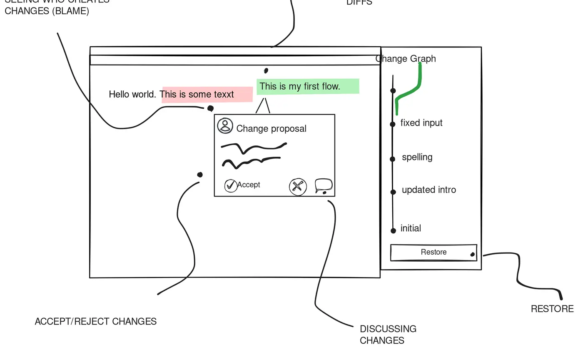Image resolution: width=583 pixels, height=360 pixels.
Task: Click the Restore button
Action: [434, 252]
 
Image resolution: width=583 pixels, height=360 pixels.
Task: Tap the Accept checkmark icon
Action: [230, 185]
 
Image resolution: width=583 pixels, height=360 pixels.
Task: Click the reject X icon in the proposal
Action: [298, 187]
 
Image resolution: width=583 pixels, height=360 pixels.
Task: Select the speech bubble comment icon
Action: [324, 186]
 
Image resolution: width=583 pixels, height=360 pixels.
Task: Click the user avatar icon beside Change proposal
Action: [225, 126]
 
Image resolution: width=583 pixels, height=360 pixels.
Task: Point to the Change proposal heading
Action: [271, 129]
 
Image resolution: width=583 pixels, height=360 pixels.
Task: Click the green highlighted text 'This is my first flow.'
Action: [300, 87]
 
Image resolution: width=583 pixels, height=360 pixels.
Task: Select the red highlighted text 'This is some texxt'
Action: [197, 95]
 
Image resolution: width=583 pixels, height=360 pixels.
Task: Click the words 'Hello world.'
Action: [132, 95]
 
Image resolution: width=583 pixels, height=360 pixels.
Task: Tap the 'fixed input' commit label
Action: [421, 123]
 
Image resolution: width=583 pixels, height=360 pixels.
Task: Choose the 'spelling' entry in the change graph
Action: [417, 157]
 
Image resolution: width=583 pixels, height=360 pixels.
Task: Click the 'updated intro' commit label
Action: [429, 190]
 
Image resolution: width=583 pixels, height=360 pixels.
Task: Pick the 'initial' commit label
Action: [411, 228]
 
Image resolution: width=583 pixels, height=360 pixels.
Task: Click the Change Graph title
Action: [406, 59]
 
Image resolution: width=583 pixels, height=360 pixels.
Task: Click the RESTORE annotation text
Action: [552, 309]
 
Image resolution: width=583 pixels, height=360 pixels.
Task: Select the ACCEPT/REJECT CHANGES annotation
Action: [96, 322]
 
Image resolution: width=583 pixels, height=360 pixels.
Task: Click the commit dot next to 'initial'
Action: [393, 230]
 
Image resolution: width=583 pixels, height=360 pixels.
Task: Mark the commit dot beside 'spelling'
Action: [392, 159]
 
